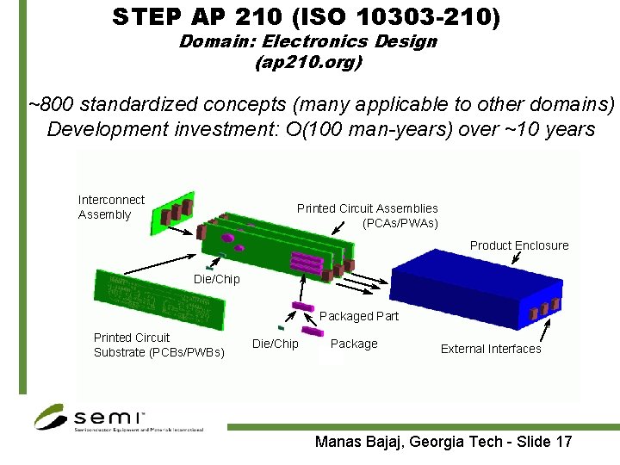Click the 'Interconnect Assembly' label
[111, 207]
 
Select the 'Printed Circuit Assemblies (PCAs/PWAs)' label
[368, 215]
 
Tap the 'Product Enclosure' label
[518, 245]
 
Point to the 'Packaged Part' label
[359, 316]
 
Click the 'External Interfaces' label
[491, 349]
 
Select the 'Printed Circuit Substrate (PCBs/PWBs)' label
[158, 344]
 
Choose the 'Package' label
[354, 344]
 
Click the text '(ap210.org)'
[308, 62]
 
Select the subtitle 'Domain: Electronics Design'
[307, 41]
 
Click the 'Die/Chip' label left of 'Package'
[275, 344]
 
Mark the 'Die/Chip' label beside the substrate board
[216, 279]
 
